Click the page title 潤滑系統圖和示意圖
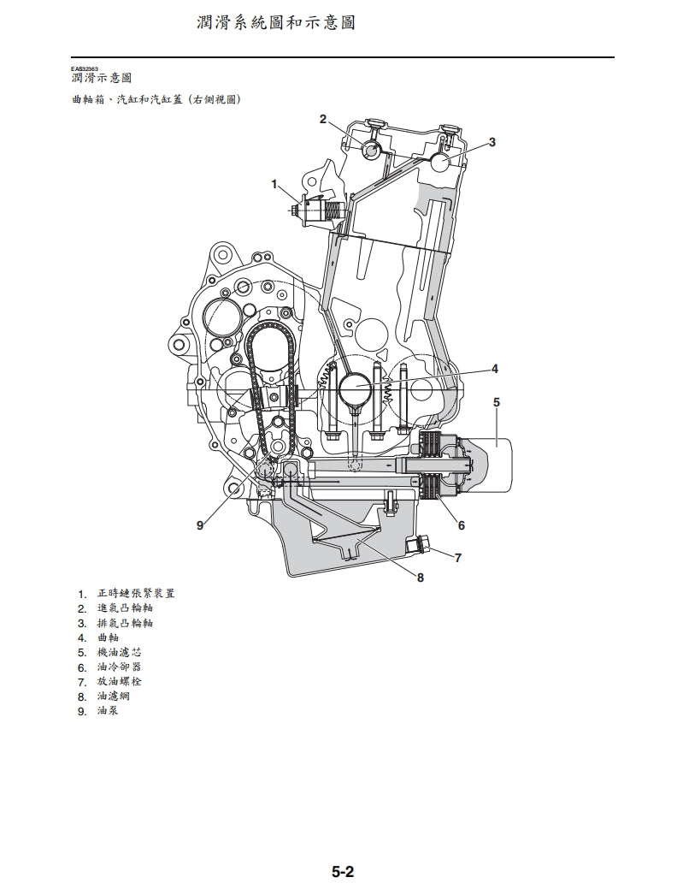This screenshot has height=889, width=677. coord(275,22)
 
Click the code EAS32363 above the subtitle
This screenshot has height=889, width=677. coord(85,68)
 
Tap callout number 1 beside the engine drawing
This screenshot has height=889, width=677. coord(274,184)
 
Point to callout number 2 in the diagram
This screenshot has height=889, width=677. coord(323,119)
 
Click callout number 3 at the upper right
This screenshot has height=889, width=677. coord(492,141)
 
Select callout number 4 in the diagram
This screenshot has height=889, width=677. coord(494,369)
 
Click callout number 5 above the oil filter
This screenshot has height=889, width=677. coord(497,401)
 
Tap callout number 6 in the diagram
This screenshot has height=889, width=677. coord(462,525)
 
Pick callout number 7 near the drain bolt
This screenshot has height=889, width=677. coord(458,558)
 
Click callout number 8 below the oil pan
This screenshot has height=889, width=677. coord(420,578)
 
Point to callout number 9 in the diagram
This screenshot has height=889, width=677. coord(200,525)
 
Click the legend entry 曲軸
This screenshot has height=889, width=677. coord(109,637)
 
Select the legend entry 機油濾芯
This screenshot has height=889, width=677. coord(120,652)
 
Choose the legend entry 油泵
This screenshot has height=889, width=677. coord(109,710)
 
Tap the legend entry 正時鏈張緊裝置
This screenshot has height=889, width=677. coord(137,594)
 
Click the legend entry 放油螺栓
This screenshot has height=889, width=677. coord(120,681)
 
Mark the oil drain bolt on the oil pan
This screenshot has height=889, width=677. coord(421,544)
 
